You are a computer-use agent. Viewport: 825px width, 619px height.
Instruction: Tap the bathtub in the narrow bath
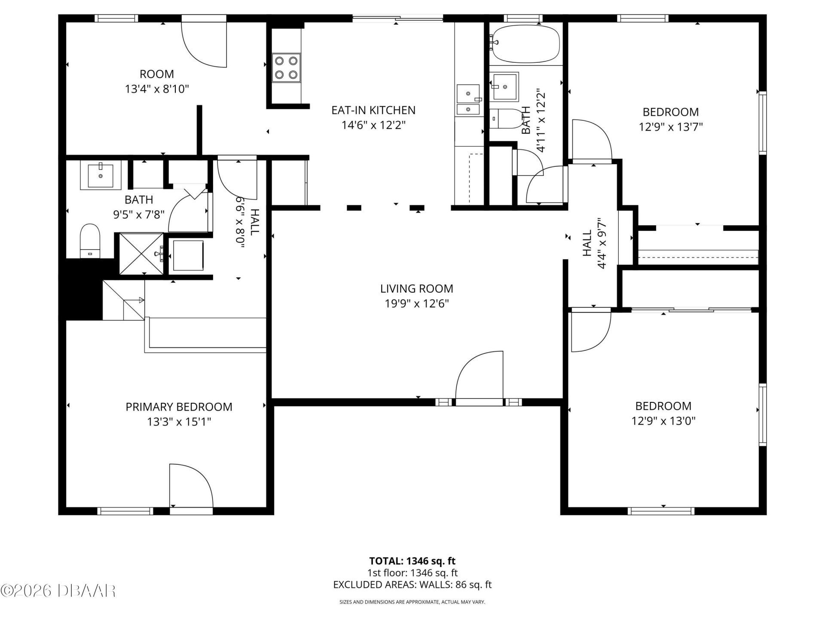(526, 43)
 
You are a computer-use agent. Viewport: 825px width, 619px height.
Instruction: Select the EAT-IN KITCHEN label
(373, 110)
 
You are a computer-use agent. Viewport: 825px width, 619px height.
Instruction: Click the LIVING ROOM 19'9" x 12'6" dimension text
(416, 304)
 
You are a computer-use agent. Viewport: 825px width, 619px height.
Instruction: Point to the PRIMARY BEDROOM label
(179, 407)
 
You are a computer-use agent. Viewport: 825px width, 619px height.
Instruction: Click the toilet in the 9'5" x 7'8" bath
(90, 241)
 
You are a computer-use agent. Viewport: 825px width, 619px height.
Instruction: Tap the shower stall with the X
(141, 253)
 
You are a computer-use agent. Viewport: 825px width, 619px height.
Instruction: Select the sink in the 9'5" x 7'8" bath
(101, 175)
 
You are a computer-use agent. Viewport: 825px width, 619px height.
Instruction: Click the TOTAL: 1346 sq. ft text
(412, 561)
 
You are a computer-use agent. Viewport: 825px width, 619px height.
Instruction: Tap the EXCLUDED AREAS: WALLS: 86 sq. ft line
(412, 585)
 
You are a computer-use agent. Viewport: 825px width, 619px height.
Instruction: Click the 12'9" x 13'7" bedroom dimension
(670, 127)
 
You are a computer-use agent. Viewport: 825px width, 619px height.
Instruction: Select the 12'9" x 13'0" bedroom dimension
(663, 421)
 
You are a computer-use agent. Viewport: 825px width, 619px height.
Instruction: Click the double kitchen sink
(468, 100)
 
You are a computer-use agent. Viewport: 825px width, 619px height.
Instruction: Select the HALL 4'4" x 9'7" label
(594, 249)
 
